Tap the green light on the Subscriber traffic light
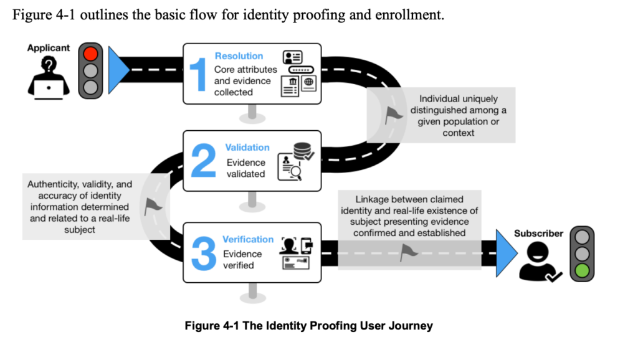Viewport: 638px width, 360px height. coord(582,270)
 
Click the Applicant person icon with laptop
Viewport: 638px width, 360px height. coord(48,77)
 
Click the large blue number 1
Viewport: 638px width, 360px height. coord(198,74)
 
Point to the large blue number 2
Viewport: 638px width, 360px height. coord(203,161)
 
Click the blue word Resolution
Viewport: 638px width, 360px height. coord(239,56)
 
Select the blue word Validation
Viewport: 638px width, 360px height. coord(247,148)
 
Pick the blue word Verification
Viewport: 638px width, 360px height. coord(248,239)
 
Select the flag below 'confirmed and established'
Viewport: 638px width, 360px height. coord(409,252)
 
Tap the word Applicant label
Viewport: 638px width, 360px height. coord(49,48)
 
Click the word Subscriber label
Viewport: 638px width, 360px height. coord(538,234)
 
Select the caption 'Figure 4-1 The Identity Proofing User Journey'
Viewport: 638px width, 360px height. coord(308,326)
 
